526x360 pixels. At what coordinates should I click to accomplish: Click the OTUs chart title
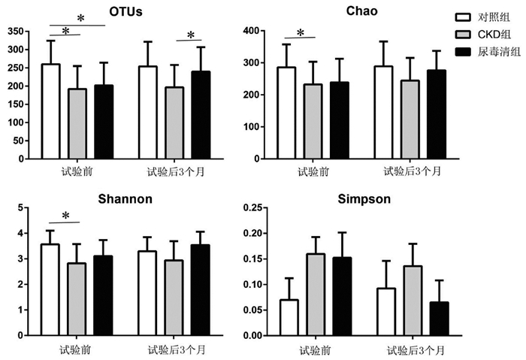[x=125, y=12]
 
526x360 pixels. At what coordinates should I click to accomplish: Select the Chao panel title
[x=362, y=11]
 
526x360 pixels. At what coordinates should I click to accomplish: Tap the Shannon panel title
[x=125, y=199]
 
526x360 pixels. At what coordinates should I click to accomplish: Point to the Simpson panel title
[x=364, y=199]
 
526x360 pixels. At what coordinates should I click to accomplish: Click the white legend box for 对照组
[x=463, y=17]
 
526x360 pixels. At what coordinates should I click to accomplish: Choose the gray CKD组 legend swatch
[x=463, y=35]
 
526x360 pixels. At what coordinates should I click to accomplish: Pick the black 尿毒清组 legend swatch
[x=463, y=52]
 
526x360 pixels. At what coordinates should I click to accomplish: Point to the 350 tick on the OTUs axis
[x=16, y=32]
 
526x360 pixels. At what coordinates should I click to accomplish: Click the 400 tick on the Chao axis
[x=252, y=31]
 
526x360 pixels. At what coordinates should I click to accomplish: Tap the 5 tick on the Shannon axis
[x=21, y=207]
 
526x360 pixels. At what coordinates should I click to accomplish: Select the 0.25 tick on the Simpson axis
[x=253, y=207]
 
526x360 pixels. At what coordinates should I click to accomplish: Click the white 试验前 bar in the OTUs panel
[x=51, y=111]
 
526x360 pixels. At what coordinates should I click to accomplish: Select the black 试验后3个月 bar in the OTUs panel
[x=201, y=115]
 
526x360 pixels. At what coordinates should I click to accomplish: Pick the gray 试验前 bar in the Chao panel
[x=313, y=122]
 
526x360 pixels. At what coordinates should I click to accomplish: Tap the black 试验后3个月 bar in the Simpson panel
[x=439, y=319]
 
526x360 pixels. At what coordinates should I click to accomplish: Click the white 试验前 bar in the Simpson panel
[x=289, y=318]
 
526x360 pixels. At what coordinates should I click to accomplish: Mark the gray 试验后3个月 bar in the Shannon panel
[x=174, y=298]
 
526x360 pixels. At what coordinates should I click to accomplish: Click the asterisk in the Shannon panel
[x=66, y=216]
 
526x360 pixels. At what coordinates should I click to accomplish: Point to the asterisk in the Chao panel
[x=301, y=32]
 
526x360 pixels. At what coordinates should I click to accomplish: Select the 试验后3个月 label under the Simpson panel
[x=416, y=351]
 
